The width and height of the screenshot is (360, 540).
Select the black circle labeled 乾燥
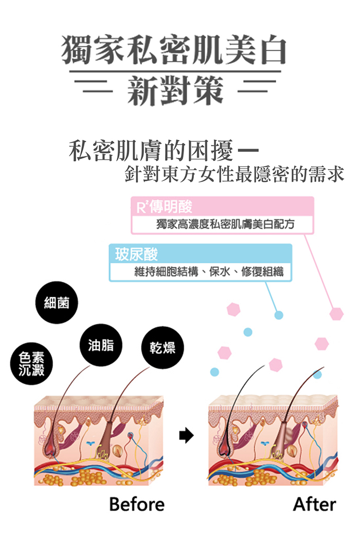(x=163, y=348)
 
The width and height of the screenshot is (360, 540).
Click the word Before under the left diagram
(x=137, y=505)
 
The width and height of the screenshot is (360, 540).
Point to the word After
(x=314, y=505)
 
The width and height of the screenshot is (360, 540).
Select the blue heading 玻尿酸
(x=137, y=254)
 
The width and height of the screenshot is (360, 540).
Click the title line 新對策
(x=175, y=90)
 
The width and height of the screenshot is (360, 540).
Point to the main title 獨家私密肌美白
(x=174, y=50)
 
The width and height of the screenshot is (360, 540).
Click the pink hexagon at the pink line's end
(x=336, y=313)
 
